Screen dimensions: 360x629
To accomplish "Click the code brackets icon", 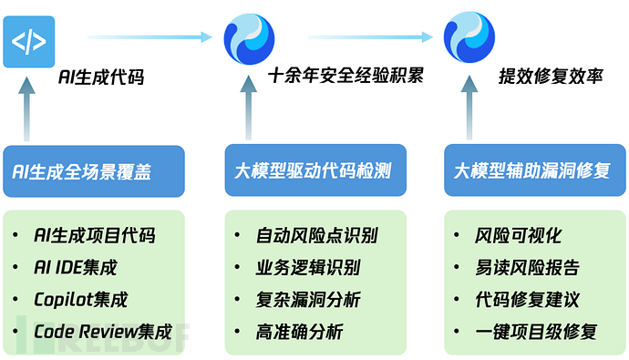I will (x=28, y=42).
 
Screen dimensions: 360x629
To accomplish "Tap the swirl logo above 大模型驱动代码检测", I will (x=250, y=37).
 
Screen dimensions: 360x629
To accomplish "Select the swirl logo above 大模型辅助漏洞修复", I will (x=469, y=37).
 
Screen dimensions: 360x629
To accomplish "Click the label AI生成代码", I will (x=100, y=78).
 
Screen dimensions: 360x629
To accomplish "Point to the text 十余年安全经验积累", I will (x=345, y=75).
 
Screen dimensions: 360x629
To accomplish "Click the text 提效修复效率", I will (x=551, y=76).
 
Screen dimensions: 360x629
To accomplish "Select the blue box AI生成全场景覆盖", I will (x=93, y=171).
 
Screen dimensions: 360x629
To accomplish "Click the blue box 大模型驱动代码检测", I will (x=314, y=171).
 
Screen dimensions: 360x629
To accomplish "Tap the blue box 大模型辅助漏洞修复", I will (x=533, y=171).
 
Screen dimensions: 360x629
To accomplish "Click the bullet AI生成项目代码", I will (x=94, y=235).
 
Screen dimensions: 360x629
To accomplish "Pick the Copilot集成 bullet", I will (x=80, y=300).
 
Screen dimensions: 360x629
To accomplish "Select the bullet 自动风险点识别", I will (x=316, y=235).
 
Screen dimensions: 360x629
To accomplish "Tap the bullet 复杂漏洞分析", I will (x=307, y=300).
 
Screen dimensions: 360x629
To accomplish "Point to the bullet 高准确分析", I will (x=299, y=332).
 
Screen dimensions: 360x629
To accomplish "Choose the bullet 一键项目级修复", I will (x=536, y=332).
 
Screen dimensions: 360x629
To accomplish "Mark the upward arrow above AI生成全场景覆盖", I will (x=28, y=110).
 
